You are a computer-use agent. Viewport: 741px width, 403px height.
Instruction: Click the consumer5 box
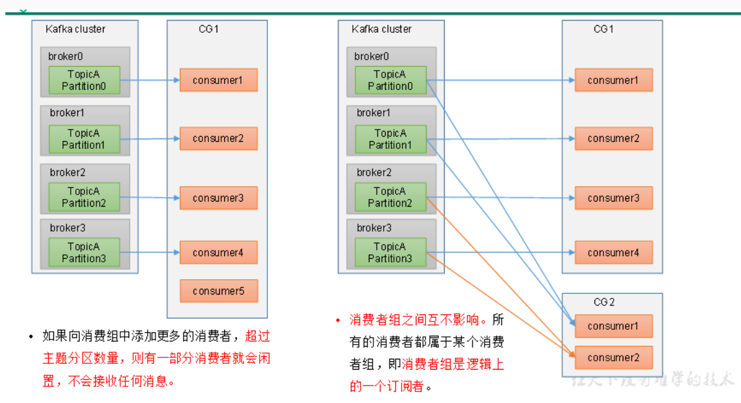point(219,291)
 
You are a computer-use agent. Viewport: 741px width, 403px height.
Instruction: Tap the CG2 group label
point(603,302)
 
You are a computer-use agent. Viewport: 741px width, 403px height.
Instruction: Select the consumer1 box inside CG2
point(613,326)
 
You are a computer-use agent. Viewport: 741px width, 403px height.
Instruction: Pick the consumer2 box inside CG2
point(613,357)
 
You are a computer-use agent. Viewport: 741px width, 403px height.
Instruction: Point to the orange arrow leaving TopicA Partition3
point(495,304)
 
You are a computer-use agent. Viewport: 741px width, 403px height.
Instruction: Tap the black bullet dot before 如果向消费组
point(31,336)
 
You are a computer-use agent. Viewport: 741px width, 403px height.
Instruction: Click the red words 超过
point(258,336)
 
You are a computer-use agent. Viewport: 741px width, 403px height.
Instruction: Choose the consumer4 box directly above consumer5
point(219,253)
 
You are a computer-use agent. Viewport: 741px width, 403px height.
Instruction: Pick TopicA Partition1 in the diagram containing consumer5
point(84,139)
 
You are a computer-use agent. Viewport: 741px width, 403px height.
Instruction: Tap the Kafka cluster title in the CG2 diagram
point(382,29)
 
